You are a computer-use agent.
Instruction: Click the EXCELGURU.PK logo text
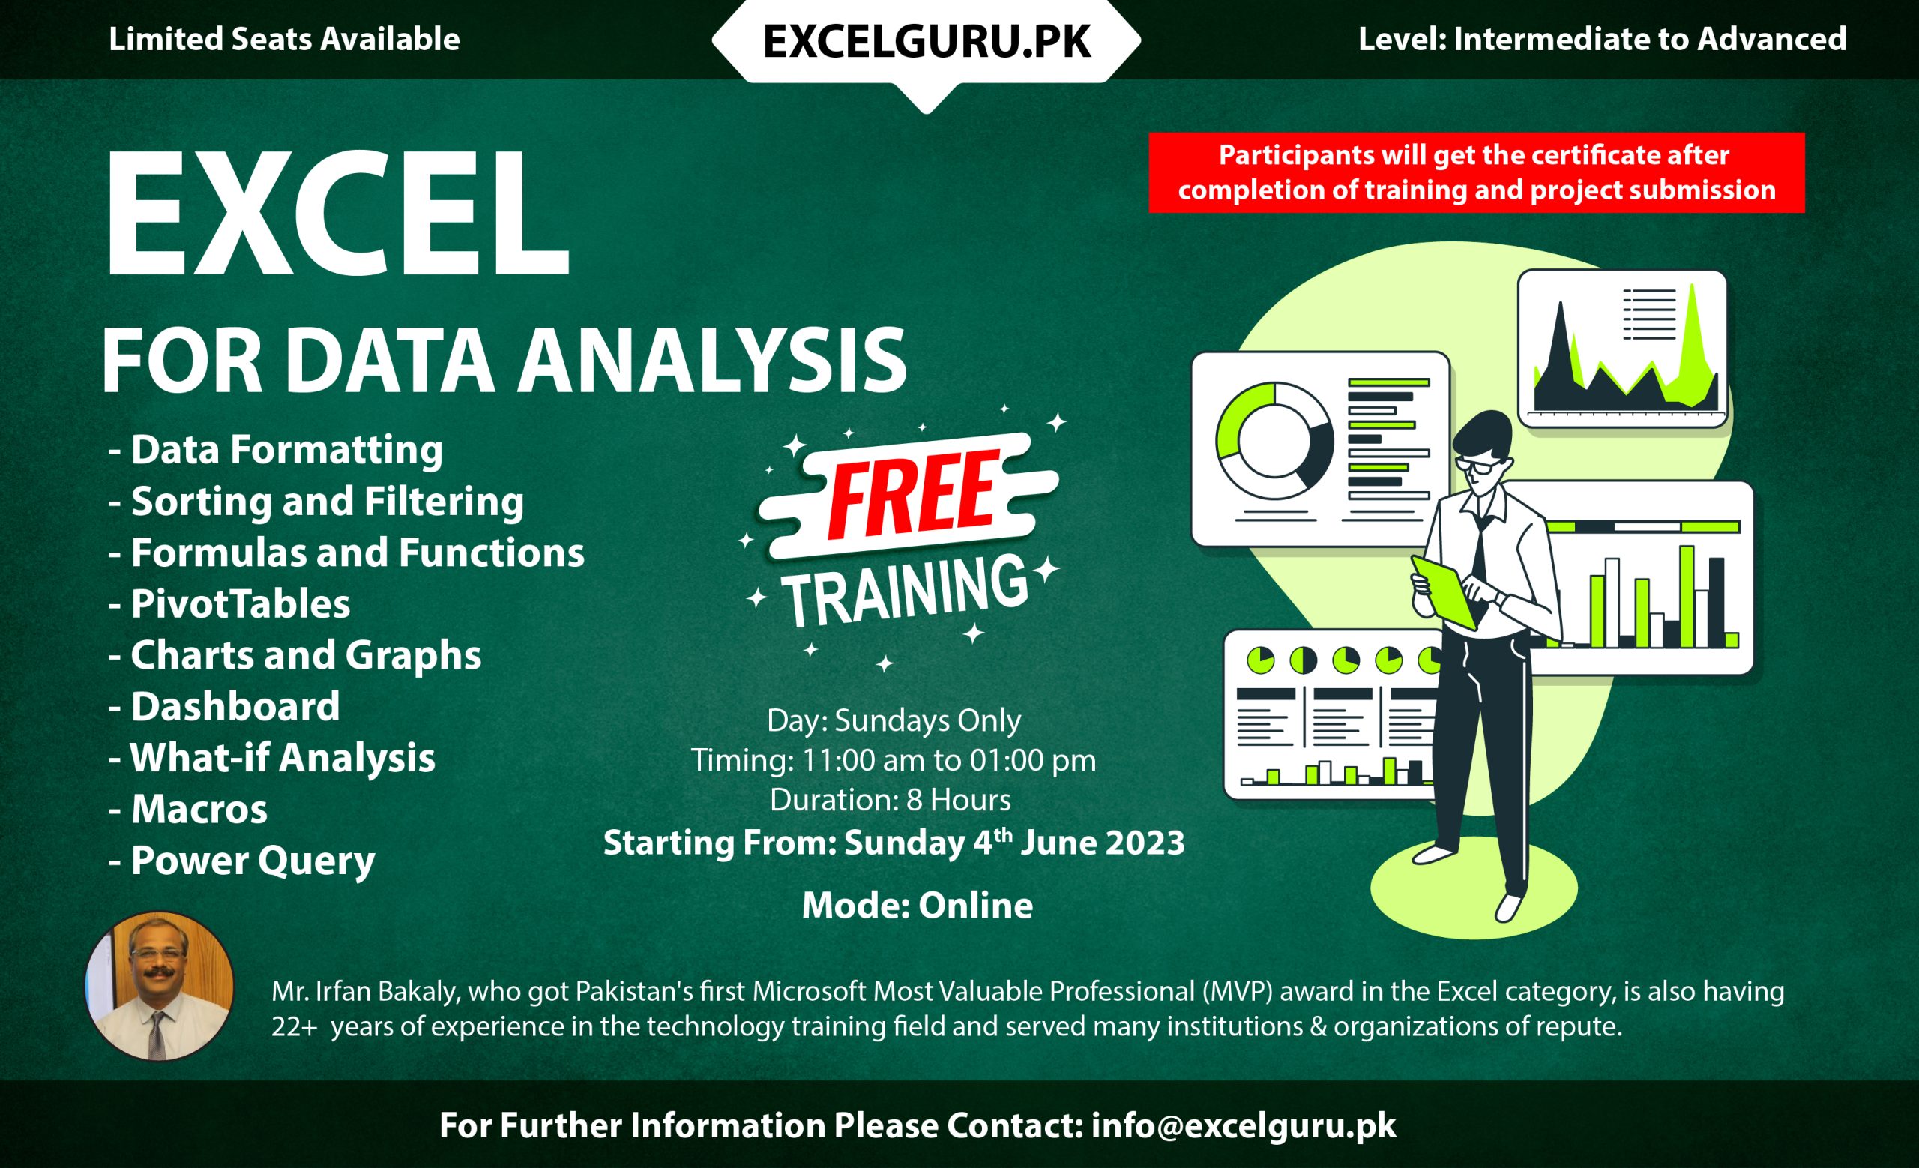[926, 40]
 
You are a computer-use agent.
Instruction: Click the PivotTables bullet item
[240, 604]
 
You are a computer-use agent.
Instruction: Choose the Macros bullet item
[199, 810]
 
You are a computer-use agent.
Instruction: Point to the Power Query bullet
[253, 861]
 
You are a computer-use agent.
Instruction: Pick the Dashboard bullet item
[235, 707]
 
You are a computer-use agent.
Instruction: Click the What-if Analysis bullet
[282, 759]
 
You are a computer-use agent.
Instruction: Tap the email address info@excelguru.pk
[1243, 1126]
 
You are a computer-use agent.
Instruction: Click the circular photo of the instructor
[159, 986]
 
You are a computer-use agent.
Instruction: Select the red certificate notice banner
[1476, 172]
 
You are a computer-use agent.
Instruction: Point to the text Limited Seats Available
[283, 39]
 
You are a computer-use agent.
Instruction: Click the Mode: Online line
[917, 906]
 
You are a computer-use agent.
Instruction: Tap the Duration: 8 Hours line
[891, 801]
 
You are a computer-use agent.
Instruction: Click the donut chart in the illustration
[1274, 441]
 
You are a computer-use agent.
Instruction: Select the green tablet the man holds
[1443, 591]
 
